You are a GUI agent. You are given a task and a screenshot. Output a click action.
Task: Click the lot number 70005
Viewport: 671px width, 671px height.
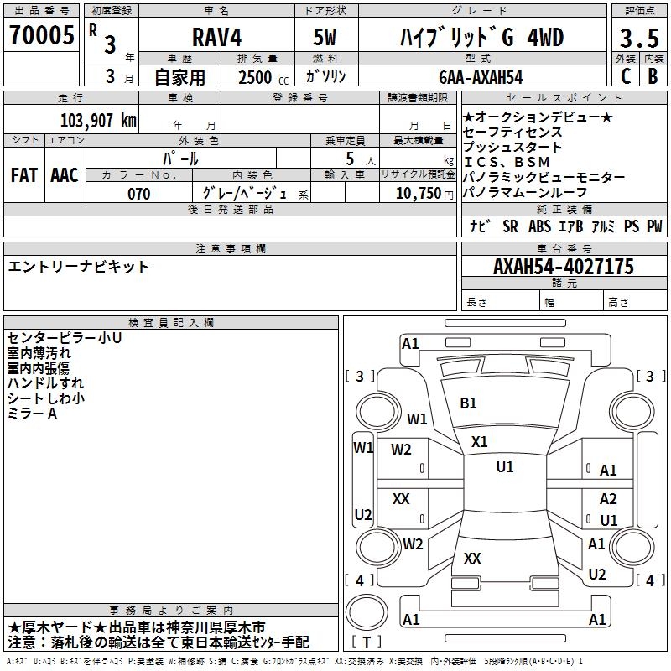[41, 35]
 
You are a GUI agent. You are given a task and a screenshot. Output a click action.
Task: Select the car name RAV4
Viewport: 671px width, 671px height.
[216, 37]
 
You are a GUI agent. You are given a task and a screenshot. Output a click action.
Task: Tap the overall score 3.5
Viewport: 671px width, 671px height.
[639, 39]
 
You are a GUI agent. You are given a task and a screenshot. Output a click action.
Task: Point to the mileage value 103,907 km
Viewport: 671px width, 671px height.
[98, 121]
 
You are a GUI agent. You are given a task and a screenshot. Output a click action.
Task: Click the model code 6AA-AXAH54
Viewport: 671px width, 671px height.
[481, 77]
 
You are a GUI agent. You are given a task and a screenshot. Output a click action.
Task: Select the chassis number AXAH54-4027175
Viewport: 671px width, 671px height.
[563, 267]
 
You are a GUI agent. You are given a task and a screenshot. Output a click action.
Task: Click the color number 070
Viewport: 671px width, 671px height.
[139, 194]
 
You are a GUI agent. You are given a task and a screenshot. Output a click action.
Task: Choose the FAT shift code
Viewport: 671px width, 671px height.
[24, 175]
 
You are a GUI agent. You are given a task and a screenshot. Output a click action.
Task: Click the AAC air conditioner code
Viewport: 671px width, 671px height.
[65, 175]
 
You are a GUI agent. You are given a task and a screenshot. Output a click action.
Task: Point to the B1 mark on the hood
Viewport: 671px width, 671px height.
[468, 403]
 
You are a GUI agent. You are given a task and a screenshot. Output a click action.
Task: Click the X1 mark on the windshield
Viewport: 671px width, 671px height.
[479, 442]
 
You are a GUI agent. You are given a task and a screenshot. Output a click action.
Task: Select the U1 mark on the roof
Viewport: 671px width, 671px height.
[505, 466]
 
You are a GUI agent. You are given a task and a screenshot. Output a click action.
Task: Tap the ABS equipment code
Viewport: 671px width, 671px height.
[539, 226]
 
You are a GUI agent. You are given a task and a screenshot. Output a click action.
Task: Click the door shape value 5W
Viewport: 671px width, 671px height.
[325, 37]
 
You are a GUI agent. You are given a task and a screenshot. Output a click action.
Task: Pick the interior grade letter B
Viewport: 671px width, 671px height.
[653, 76]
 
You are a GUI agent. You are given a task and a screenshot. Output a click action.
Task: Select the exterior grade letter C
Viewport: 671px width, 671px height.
[626, 76]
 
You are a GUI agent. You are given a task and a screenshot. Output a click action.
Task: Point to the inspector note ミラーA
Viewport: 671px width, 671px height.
[32, 414]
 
